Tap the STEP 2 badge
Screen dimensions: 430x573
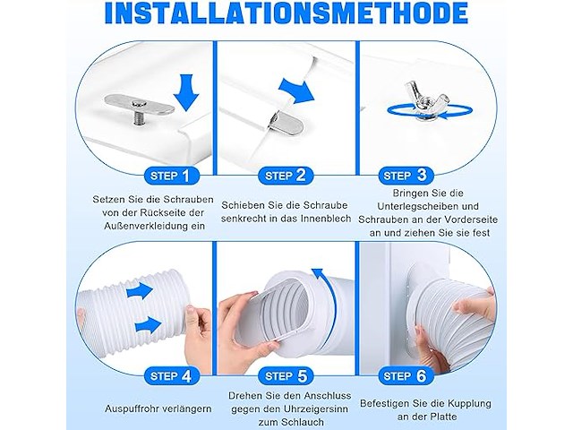tap(286, 176)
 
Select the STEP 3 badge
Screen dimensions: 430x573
tap(410, 176)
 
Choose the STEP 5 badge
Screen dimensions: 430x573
tap(286, 376)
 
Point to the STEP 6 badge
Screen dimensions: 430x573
tap(410, 376)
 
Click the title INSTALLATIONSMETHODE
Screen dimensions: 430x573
tap(286, 15)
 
